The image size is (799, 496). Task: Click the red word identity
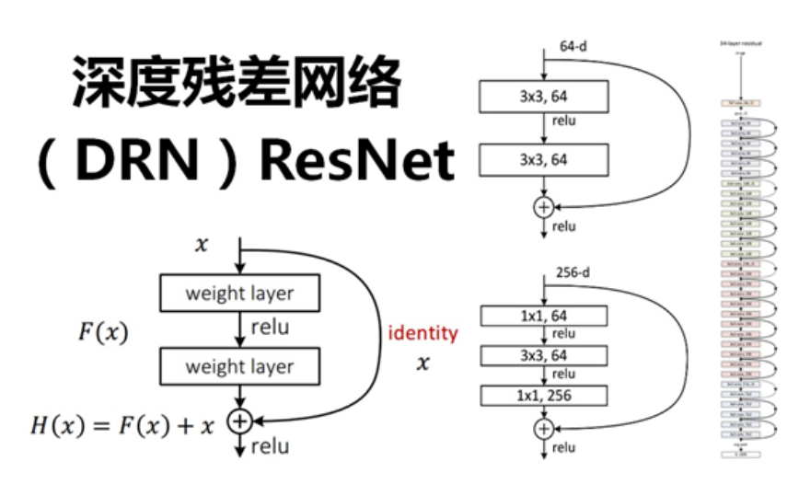pos(423,332)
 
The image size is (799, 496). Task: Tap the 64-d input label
pos(573,45)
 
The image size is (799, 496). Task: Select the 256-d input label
pos(573,272)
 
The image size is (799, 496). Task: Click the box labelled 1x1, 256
pos(543,396)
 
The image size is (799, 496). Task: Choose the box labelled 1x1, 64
pos(543,316)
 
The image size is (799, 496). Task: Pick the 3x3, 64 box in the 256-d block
pos(543,355)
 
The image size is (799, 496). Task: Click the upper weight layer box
pos(239,294)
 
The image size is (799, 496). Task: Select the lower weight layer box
pos(239,366)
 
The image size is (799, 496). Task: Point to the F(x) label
pos(102,333)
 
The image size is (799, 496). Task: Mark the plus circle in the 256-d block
pos(544,428)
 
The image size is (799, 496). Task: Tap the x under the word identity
pos(423,363)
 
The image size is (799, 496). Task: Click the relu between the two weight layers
pos(269,328)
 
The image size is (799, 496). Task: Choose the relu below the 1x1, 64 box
pos(563,334)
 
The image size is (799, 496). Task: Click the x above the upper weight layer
pos(202,245)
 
